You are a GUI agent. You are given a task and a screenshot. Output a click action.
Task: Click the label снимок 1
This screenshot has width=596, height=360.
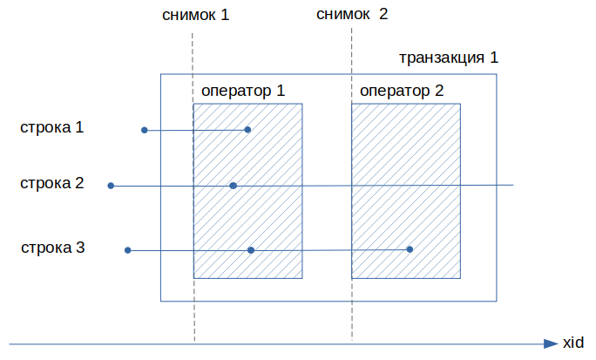point(196,15)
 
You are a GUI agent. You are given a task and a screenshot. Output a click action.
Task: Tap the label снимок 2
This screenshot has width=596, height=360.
point(352,14)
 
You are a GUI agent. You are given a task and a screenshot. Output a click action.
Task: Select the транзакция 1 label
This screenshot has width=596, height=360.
point(449,58)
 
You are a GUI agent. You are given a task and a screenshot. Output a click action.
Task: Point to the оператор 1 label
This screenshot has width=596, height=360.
point(243,91)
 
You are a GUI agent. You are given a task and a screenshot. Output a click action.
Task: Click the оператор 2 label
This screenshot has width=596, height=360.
point(402,91)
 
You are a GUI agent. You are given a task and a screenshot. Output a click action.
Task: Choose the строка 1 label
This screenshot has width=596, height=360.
point(51,127)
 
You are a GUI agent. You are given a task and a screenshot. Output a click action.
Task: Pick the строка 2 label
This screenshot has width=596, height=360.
point(51,183)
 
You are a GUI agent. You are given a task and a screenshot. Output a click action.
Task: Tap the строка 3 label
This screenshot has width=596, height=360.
point(53,248)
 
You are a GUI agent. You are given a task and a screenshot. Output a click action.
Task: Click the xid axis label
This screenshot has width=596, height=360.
point(573,343)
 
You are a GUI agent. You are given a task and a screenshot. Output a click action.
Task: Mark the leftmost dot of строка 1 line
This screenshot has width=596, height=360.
point(145,130)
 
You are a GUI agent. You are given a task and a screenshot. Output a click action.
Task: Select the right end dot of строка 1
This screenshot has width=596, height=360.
point(247,130)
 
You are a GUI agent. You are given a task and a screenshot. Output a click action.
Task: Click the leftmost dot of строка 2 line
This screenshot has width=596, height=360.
point(111,186)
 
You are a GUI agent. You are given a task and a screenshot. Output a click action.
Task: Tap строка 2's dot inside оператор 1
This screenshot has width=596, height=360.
point(234,186)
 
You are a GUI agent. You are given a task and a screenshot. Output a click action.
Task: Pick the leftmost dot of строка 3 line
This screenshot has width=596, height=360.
point(128,250)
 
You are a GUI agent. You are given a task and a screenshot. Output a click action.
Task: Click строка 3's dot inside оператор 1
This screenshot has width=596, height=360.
point(251,250)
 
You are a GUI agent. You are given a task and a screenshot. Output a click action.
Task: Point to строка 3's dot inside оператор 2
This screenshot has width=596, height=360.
point(410,249)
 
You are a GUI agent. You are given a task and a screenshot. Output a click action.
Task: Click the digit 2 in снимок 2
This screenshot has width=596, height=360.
point(383,14)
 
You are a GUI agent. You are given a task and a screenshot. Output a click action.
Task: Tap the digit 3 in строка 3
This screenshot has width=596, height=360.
point(80,247)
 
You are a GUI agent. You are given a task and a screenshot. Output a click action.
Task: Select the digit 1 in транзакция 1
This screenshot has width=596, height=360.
point(494,58)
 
